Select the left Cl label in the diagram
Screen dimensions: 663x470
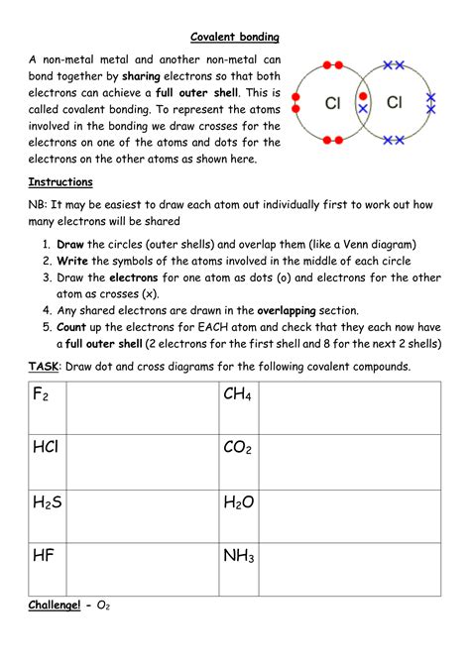(334, 102)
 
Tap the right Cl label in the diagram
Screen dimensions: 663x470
(394, 102)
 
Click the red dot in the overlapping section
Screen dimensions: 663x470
(364, 95)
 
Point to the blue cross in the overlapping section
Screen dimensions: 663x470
(364, 108)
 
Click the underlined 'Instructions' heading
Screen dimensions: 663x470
(60, 182)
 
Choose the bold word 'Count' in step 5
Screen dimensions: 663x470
(74, 326)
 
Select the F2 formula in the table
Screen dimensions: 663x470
(42, 395)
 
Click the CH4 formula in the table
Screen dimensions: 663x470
(238, 395)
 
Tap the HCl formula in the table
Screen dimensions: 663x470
(46, 448)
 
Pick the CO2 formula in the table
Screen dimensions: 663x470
(238, 448)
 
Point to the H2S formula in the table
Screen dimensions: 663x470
(47, 503)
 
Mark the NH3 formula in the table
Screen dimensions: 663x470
(239, 557)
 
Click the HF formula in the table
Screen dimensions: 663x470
(43, 556)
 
